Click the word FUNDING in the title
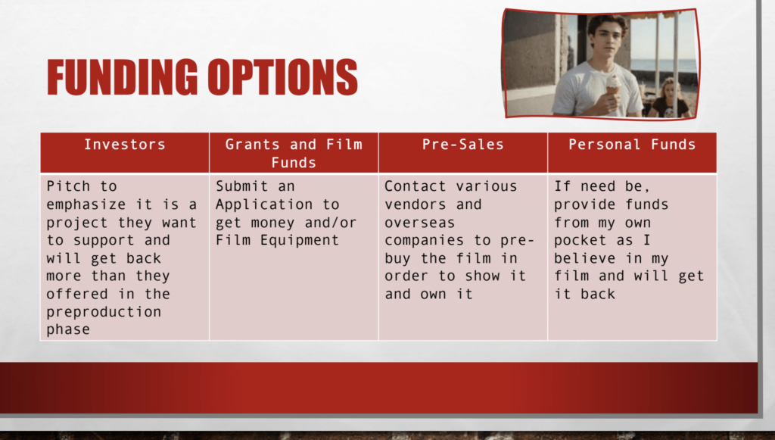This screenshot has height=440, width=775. [123, 77]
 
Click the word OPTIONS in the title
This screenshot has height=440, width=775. [283, 77]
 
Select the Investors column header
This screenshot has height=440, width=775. [125, 145]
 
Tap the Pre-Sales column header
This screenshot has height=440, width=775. [462, 145]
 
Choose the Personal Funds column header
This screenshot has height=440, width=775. [632, 145]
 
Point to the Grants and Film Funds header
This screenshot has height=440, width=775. [294, 153]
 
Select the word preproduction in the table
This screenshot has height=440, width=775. [104, 313]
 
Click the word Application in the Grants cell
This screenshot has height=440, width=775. [264, 204]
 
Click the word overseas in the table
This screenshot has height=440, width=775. [419, 223]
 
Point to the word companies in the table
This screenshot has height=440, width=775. [424, 241]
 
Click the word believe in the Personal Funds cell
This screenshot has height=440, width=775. [584, 258]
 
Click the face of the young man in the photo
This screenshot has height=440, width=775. [606, 40]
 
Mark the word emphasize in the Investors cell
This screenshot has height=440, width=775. [86, 204]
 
